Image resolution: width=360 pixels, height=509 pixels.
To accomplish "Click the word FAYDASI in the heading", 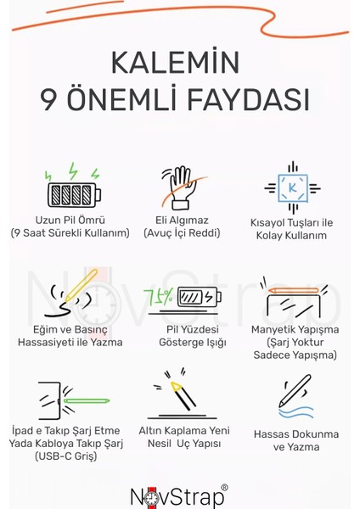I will coord(250,100).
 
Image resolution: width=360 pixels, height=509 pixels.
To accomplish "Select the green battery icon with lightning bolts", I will coord(70,187).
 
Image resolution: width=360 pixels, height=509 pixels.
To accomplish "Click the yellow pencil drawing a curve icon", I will coord(70,294).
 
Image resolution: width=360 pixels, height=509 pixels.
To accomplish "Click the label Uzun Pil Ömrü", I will coord(70,221).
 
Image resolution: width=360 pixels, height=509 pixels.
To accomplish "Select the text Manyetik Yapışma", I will coord(294,327).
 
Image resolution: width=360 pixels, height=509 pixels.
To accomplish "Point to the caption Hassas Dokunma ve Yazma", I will coord(295,440).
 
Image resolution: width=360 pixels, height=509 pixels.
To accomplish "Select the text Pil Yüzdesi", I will coord(180,327).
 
